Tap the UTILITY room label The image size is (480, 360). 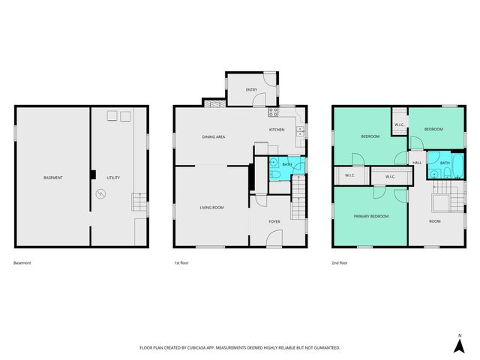tap(113, 178)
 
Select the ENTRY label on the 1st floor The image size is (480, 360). tap(252, 90)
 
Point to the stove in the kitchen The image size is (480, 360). tap(274, 113)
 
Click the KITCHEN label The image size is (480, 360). tap(277, 130)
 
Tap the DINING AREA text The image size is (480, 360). tap(214, 137)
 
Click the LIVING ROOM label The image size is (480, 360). tap(211, 207)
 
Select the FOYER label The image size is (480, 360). tap(274, 221)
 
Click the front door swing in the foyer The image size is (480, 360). tap(274, 238)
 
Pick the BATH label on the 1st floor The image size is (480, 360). tap(286, 163)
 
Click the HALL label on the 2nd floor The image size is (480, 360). tap(417, 163)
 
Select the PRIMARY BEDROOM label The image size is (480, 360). tap(371, 216)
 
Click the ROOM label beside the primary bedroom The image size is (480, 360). tap(433, 221)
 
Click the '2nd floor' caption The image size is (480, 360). tap(340, 263)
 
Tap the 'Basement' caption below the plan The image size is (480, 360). tap(22, 263)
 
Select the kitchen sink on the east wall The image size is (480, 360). tap(300, 133)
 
